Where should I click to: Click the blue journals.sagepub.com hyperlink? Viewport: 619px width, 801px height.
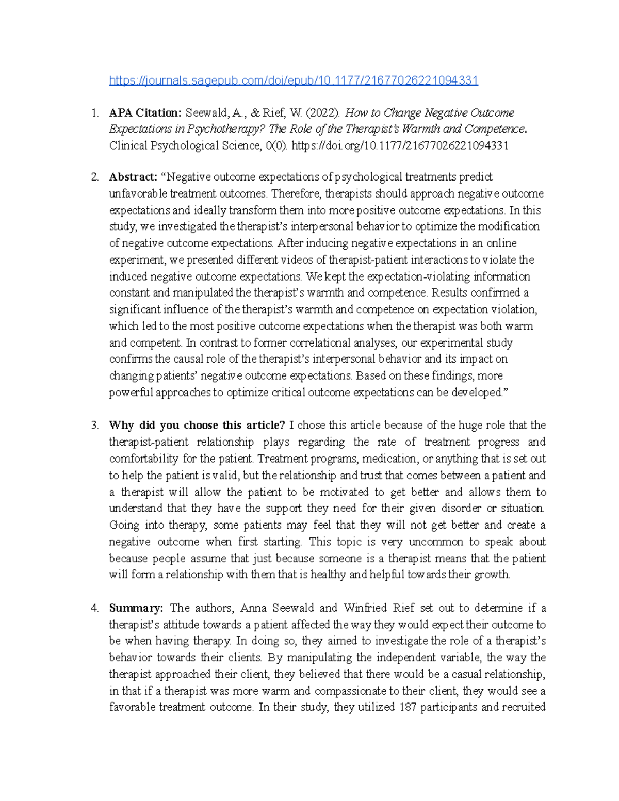click(x=294, y=80)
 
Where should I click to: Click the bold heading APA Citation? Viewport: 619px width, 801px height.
click(x=145, y=113)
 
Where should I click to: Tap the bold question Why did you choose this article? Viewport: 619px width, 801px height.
click(x=197, y=426)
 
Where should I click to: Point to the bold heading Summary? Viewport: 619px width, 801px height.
click(x=136, y=608)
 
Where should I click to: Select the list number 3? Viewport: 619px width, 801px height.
click(x=94, y=426)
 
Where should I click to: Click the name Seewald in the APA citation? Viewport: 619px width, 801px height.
click(x=205, y=113)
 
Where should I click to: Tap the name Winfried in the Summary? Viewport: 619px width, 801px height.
click(x=365, y=608)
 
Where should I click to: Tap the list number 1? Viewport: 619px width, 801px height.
click(x=94, y=113)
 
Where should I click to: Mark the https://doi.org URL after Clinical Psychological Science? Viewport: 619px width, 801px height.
click(x=400, y=146)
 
